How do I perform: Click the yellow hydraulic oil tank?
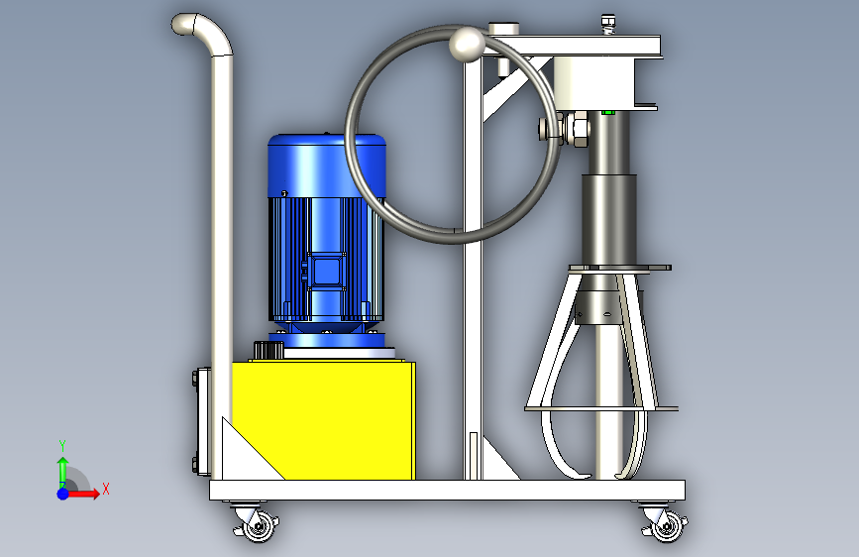[323, 420]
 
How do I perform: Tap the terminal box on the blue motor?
[327, 272]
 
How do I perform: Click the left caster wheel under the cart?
[257, 523]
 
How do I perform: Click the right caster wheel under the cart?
[665, 524]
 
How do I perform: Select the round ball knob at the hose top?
[467, 44]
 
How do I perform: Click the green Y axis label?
[62, 445]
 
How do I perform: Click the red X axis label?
[106, 489]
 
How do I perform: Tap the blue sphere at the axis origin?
[63, 494]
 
